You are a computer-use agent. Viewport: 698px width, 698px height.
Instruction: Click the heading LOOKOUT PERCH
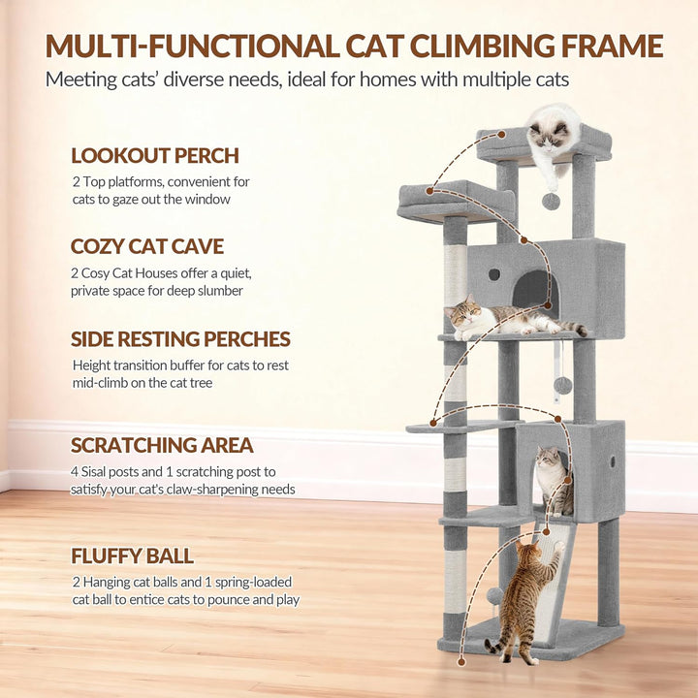155,155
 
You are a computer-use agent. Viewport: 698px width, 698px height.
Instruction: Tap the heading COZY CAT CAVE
147,246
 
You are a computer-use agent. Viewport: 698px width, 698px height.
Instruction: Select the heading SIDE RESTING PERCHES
180,338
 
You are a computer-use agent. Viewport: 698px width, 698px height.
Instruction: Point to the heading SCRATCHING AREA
162,445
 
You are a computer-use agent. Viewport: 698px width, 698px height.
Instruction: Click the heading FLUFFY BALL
132,555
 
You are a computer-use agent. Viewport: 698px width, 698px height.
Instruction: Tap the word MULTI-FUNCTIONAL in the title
193,46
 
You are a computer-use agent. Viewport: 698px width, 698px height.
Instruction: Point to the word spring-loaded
254,583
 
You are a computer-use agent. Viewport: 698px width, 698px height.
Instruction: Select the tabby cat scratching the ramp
523,601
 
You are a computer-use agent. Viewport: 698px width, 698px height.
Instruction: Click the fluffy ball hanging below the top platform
551,202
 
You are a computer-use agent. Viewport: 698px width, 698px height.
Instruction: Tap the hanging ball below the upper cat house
562,386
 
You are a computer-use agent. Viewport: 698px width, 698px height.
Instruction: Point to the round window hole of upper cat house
494,274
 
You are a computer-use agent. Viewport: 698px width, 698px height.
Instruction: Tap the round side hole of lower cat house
613,461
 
